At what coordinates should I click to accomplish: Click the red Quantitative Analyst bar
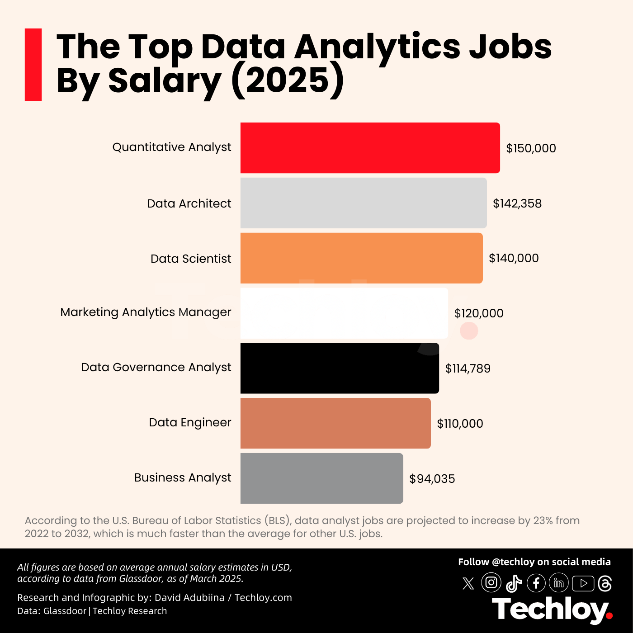coord(370,148)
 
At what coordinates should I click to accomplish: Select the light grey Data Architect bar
coord(364,203)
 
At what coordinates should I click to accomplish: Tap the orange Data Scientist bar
coord(361,258)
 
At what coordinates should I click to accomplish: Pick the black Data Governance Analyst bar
coord(340,368)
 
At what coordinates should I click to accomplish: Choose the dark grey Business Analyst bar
coord(321,478)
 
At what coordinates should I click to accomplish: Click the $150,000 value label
coord(531,148)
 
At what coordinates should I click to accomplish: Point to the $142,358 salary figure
coord(517,203)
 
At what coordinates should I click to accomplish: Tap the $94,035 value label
coord(432,479)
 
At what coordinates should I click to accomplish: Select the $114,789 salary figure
coord(468,368)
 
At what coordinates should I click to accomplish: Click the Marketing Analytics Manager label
coord(146,312)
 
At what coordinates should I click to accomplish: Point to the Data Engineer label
coord(190,423)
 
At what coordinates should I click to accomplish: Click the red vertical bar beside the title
coord(33,65)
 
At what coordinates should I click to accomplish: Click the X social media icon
coord(468,583)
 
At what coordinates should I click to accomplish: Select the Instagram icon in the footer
coord(491,582)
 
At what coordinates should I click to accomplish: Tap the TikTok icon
coord(514,583)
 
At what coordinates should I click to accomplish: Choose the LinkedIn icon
coord(559,583)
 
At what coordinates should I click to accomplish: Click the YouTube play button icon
coord(583,583)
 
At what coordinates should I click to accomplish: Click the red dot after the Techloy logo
coord(609,615)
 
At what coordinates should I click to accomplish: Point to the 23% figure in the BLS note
coord(543,520)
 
